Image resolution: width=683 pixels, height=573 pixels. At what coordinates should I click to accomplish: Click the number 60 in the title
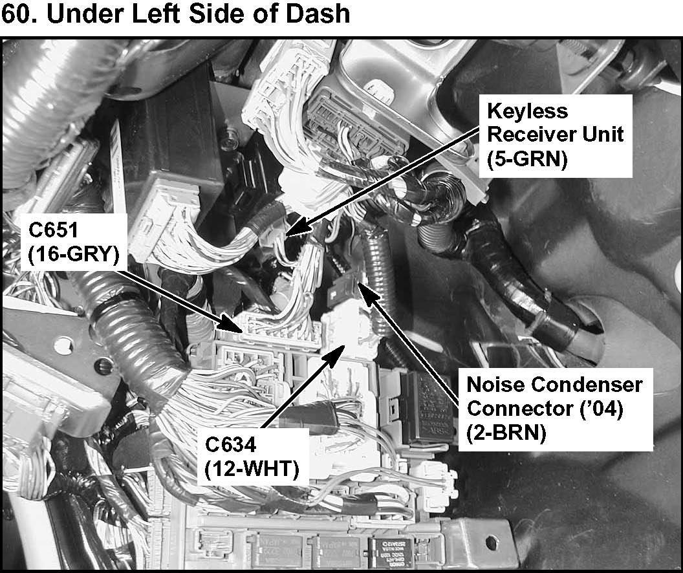(16, 14)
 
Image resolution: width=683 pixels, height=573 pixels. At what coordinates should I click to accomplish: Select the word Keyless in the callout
(527, 111)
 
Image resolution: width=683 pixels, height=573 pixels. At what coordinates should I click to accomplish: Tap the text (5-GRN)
(527, 158)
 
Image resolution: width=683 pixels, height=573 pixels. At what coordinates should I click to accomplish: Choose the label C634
(232, 446)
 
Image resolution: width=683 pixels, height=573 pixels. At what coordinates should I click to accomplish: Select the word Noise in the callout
(495, 385)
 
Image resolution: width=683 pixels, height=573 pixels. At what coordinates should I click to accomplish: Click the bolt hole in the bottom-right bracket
(490, 540)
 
